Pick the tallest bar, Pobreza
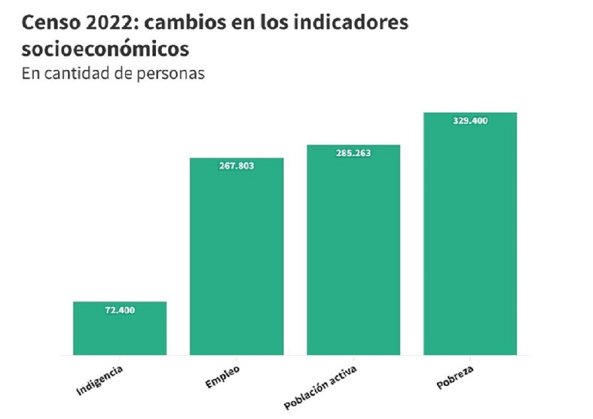coord(470,237)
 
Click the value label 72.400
coord(120,310)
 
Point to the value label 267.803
coord(237,167)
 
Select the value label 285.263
coord(353,153)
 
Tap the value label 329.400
coord(470,120)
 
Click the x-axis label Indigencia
coord(100,380)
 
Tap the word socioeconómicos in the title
coord(106,49)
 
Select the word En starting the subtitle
coord(29,74)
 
